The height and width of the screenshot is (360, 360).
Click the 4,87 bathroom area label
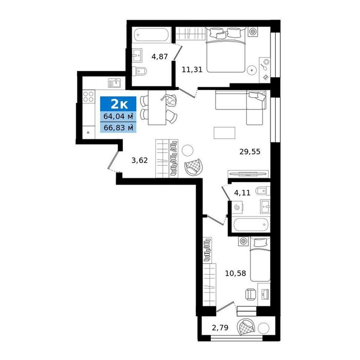[159, 57]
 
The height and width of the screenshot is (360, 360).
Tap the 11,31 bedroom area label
[192, 69]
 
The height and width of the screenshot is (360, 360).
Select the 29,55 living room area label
[250, 152]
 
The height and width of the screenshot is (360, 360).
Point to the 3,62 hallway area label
[139, 160]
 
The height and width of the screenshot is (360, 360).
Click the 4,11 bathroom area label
[242, 192]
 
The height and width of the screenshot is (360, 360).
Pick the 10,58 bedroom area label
[236, 273]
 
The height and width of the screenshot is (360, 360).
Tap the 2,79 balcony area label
[220, 328]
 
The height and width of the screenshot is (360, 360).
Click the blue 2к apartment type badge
[118, 104]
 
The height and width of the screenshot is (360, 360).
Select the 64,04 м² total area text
[118, 116]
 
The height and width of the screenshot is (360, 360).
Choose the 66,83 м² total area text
[118, 128]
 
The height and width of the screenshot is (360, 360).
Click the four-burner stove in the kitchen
[88, 97]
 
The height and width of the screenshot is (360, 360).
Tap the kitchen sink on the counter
[115, 83]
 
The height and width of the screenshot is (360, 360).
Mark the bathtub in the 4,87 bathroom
[152, 34]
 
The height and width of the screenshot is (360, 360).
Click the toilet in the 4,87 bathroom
[139, 71]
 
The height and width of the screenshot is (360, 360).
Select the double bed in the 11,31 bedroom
[226, 50]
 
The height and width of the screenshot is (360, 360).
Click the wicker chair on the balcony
[245, 327]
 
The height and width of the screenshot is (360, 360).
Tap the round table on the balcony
[263, 328]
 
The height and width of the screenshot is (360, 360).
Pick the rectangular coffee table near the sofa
[224, 133]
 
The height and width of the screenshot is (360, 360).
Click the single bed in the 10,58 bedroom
[260, 260]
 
